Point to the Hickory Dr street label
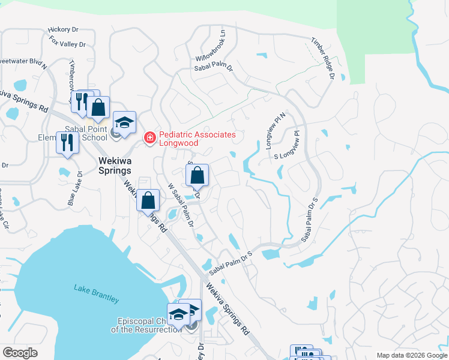(x=64, y=29)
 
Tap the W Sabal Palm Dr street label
(x=179, y=205)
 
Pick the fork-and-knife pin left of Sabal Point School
(x=67, y=143)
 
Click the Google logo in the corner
(x=20, y=352)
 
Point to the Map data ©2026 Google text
(x=411, y=355)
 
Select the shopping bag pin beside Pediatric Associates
(x=197, y=176)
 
